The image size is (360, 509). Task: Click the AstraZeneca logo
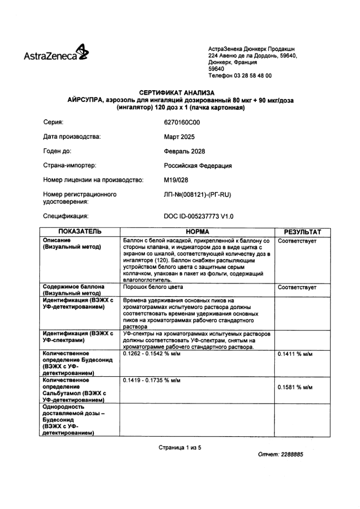point(56,54)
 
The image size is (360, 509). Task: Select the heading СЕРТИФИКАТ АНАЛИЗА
point(180,93)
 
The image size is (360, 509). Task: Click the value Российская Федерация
point(198,166)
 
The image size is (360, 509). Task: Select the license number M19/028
point(175,180)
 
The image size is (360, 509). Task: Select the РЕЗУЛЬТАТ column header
point(302,232)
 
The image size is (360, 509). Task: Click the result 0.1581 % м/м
point(295,388)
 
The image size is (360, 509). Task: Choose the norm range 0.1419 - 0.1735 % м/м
point(152,381)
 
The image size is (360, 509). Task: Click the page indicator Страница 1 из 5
point(180,447)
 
